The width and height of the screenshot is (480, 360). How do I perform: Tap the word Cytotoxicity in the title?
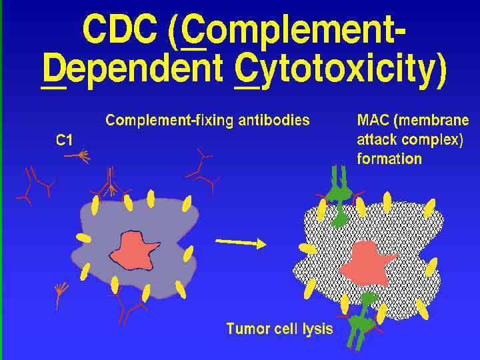coord(340,72)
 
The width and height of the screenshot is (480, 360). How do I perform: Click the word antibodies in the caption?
coord(273,121)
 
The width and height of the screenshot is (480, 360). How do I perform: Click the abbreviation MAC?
coord(371,121)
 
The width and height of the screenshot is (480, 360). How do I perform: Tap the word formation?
coord(389,159)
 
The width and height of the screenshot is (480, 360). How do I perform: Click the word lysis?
coord(313,329)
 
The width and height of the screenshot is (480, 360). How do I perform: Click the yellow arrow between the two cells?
coord(241,243)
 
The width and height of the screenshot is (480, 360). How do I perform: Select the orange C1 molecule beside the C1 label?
coord(79,156)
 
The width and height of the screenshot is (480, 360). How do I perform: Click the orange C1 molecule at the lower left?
coord(61,291)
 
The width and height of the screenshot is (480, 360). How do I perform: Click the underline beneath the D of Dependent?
coord(53,87)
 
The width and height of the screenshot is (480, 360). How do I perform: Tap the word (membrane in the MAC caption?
coord(435,121)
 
